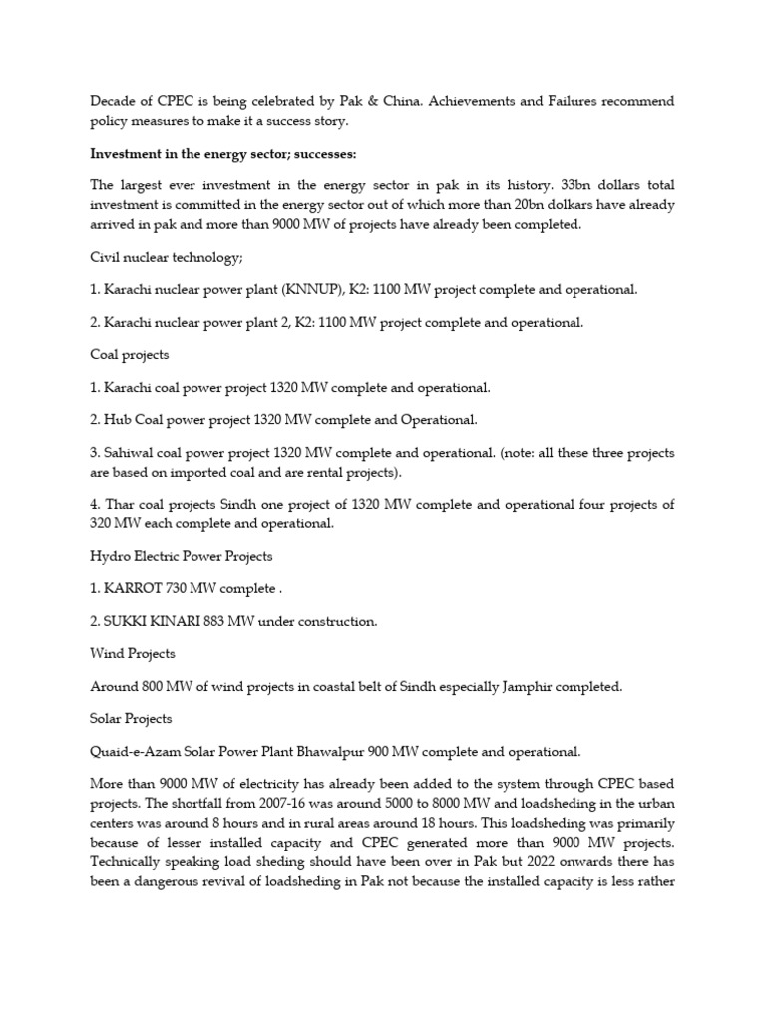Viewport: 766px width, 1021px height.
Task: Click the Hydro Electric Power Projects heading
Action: [181, 555]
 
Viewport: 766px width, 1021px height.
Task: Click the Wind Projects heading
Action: [133, 653]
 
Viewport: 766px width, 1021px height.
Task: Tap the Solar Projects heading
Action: [131, 718]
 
